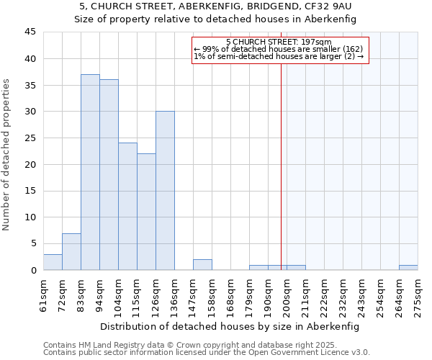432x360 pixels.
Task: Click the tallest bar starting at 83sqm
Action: (90, 173)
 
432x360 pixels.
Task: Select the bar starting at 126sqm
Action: (165, 191)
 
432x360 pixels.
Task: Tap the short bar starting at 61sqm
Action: (53, 262)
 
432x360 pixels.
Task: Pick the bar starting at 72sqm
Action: (71, 252)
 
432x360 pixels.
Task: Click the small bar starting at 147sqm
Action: (202, 265)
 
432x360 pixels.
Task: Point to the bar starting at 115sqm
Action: (146, 212)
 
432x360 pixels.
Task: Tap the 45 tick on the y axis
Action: (30, 32)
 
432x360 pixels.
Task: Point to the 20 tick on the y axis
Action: (30, 164)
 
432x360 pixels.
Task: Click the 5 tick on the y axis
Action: (33, 243)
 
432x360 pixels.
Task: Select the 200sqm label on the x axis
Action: (287, 294)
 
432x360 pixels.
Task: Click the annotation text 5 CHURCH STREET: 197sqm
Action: (279, 42)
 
